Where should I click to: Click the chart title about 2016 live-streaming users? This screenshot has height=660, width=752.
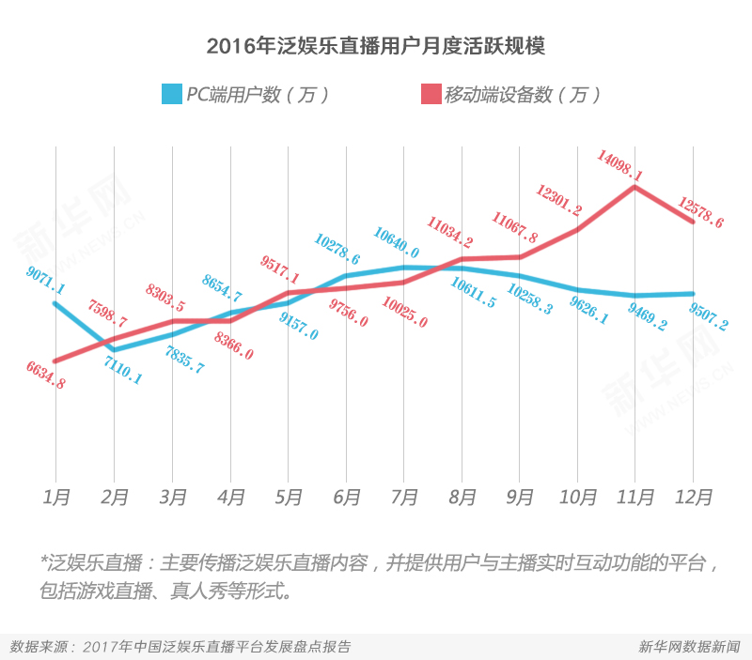pyautogui.click(x=376, y=46)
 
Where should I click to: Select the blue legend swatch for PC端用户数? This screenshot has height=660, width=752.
pyautogui.click(x=171, y=95)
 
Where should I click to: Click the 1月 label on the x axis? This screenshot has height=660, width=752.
pyautogui.click(x=57, y=498)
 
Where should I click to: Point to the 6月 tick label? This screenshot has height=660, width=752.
pyautogui.click(x=347, y=498)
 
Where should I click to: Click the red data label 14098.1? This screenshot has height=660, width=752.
pyautogui.click(x=619, y=163)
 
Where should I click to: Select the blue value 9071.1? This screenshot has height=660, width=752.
pyautogui.click(x=46, y=278)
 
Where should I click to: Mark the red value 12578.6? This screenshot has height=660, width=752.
pyautogui.click(x=702, y=214)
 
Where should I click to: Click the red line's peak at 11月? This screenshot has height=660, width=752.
pyautogui.click(x=635, y=187)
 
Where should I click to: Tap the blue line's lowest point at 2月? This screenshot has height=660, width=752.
pyautogui.click(x=115, y=349)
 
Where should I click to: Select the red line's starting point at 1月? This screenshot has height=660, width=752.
pyautogui.click(x=57, y=361)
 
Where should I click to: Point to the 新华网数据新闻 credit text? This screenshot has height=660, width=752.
pyautogui.click(x=689, y=647)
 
